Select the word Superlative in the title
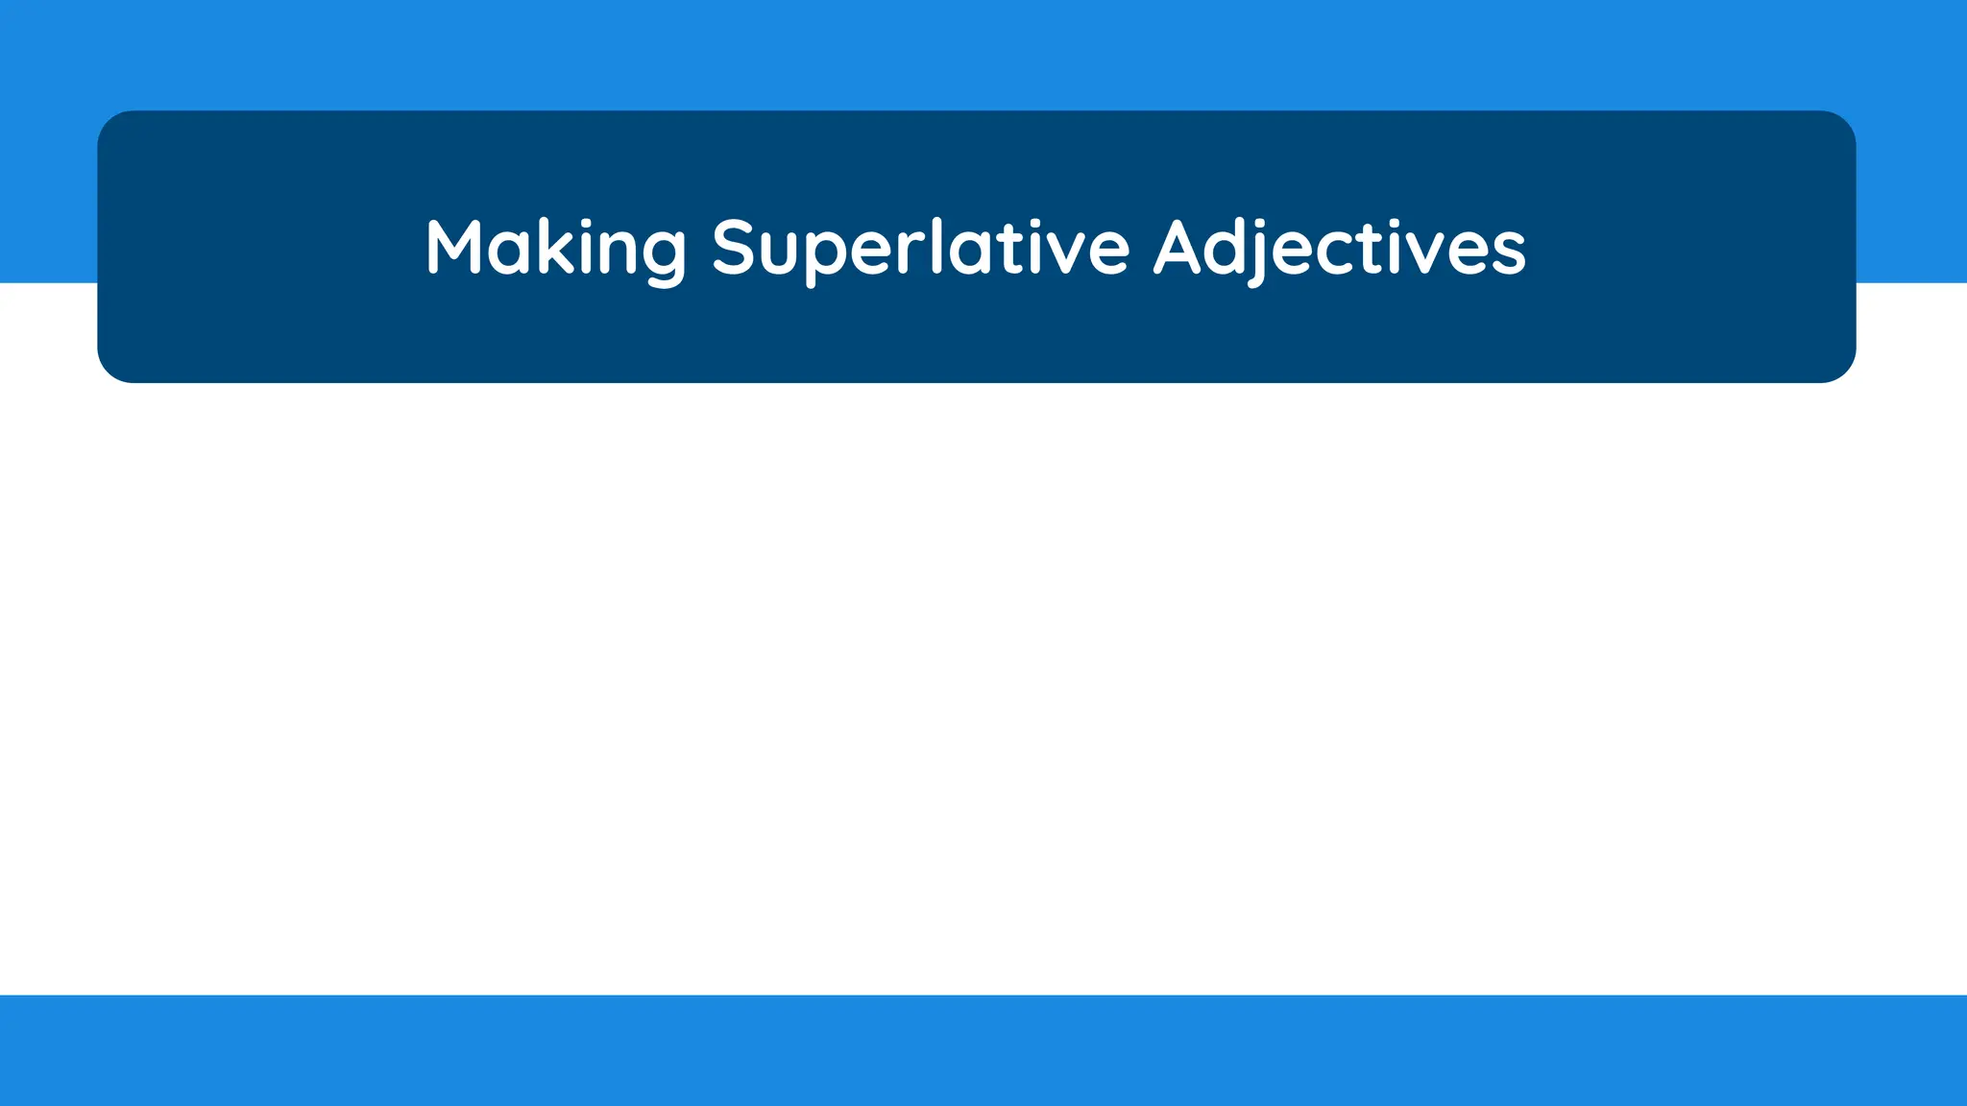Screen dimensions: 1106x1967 tap(920, 248)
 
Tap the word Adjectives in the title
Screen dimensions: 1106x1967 tap(1339, 248)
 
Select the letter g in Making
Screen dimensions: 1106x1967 tap(662, 254)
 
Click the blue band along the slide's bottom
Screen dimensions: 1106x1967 tap(983, 1050)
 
